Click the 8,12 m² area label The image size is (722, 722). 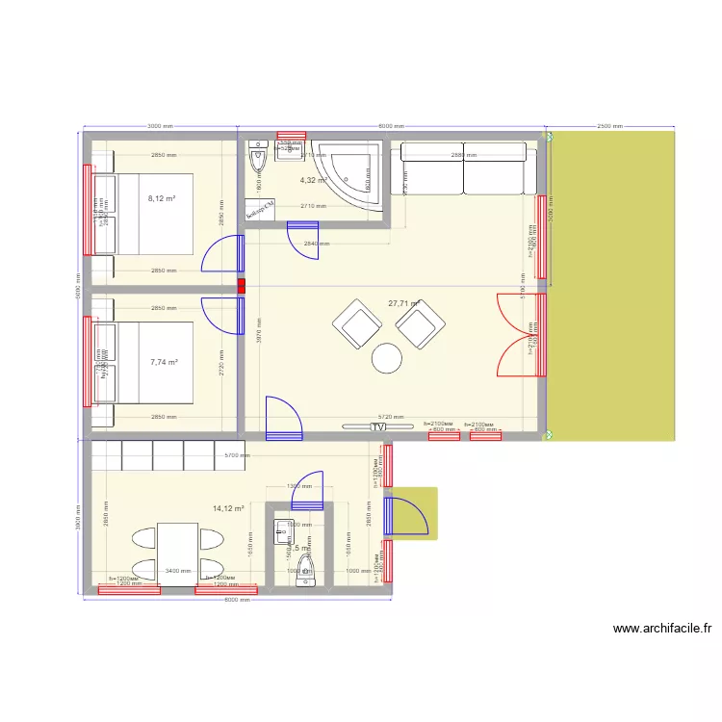162,199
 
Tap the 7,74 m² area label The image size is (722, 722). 164,362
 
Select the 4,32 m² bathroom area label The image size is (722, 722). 314,180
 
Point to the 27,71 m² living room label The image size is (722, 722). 404,303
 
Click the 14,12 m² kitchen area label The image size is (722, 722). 228,508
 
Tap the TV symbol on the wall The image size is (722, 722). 378,425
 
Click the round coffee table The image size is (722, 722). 388,358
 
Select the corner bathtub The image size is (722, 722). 354,173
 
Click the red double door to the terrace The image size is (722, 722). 520,333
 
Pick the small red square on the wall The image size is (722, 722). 242,285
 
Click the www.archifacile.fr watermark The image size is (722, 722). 663,629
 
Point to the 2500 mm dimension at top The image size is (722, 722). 609,126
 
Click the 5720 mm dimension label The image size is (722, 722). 391,417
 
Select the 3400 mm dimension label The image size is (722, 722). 177,571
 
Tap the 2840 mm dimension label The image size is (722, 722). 316,244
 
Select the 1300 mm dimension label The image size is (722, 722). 299,486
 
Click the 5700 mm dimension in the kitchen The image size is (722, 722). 237,456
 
